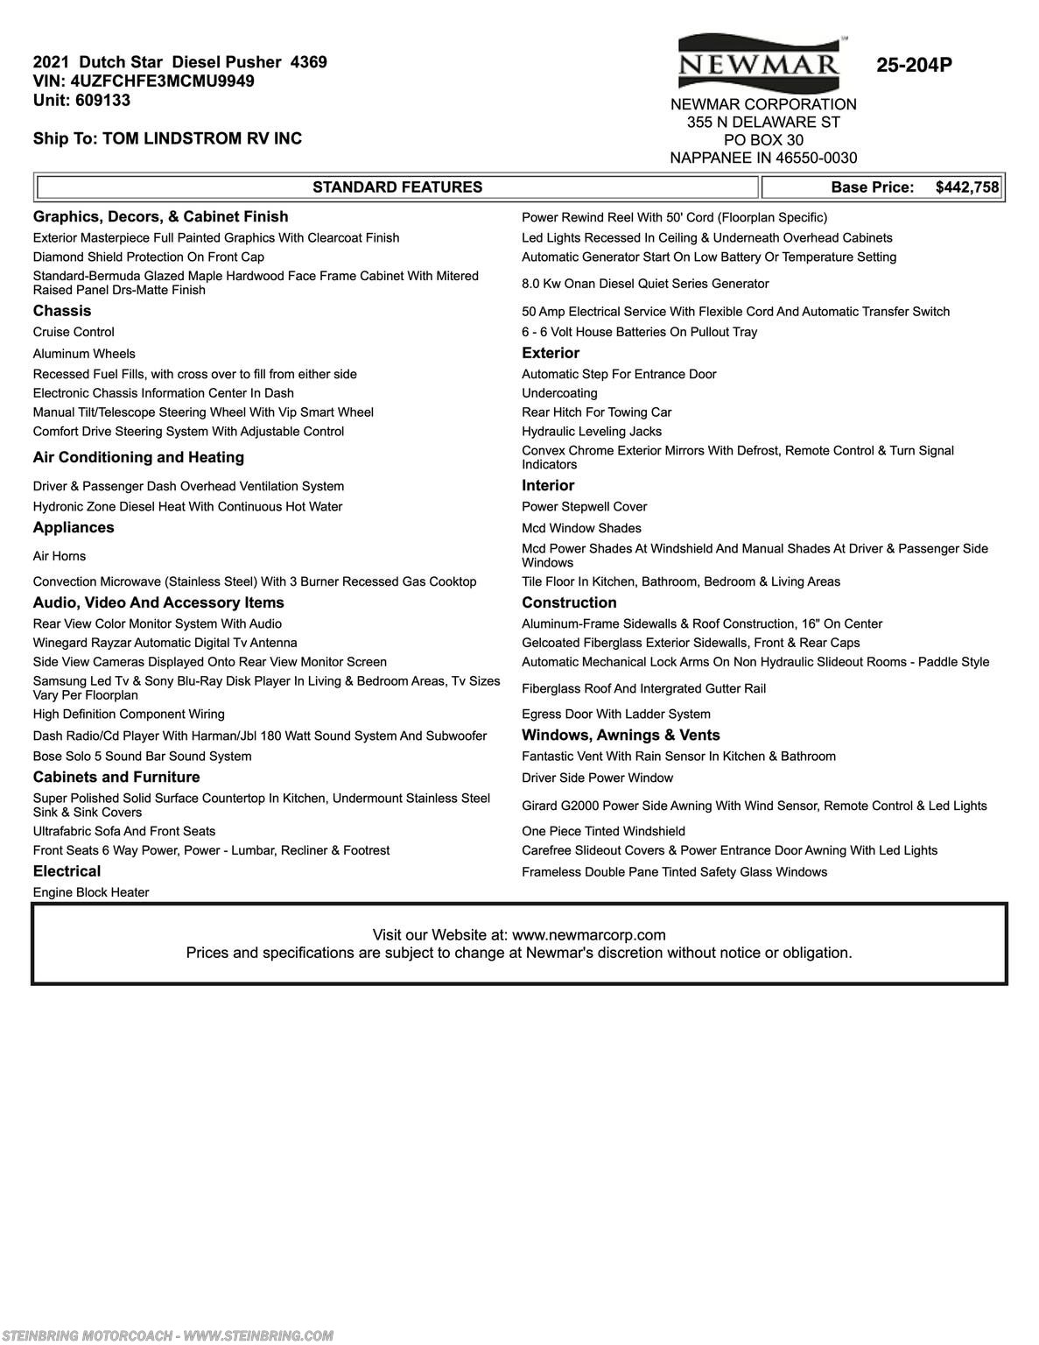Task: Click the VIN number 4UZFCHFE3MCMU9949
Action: [163, 81]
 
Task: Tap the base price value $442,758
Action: [966, 187]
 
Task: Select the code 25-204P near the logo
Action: [914, 65]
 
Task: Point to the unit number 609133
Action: [103, 101]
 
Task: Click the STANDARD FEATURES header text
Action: [397, 187]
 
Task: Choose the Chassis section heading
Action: [62, 311]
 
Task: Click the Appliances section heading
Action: [74, 527]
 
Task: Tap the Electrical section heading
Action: [67, 871]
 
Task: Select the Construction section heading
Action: [569, 602]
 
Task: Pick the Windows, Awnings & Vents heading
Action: [621, 736]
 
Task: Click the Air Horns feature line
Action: [60, 556]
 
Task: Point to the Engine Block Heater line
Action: [91, 892]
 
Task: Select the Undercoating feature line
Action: [559, 393]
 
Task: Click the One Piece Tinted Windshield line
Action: [603, 831]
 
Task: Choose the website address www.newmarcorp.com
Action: [588, 935]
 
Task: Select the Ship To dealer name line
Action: [167, 138]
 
